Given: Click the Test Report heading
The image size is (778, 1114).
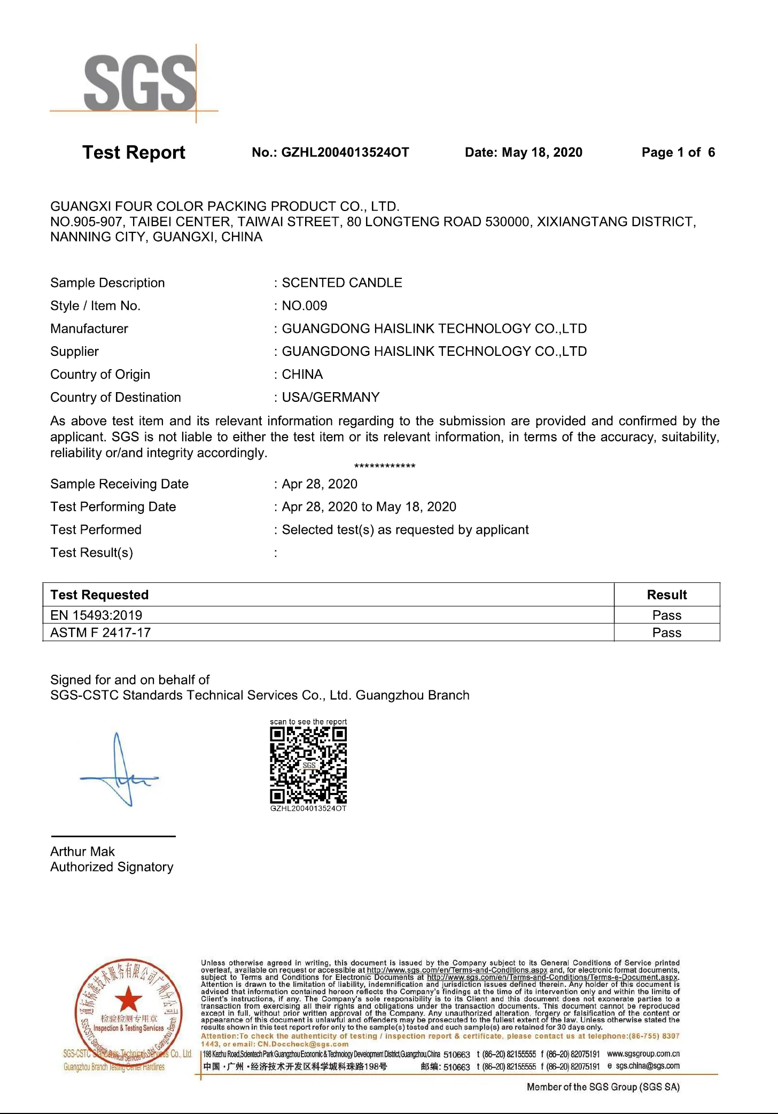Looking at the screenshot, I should [x=134, y=153].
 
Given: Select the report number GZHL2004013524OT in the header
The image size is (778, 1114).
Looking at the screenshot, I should [x=345, y=153].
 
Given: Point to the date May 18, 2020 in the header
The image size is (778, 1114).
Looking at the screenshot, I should [x=542, y=153].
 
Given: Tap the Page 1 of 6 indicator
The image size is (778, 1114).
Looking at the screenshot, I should [x=678, y=153].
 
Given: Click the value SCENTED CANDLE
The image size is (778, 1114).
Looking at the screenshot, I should [x=342, y=283].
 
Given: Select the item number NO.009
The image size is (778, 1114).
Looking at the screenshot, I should [x=305, y=306].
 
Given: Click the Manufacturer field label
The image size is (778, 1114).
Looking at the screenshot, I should [x=89, y=329].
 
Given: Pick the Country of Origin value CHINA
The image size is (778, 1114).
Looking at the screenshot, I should [x=302, y=375].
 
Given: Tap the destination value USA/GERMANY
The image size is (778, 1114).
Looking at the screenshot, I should [x=331, y=398].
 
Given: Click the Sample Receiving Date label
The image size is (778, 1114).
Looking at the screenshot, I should [x=119, y=484].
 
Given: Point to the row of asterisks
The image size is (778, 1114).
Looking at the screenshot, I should [x=385, y=466].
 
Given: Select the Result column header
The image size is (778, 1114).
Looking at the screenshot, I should [x=667, y=595].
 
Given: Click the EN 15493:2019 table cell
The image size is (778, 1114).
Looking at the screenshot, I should [x=96, y=615].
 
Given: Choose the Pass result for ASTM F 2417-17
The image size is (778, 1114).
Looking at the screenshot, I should [x=667, y=633].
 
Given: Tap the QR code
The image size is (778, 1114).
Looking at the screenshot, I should [x=308, y=765].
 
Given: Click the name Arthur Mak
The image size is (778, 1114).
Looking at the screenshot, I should [x=82, y=852].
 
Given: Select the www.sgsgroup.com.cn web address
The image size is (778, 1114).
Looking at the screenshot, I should [x=643, y=1054].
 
